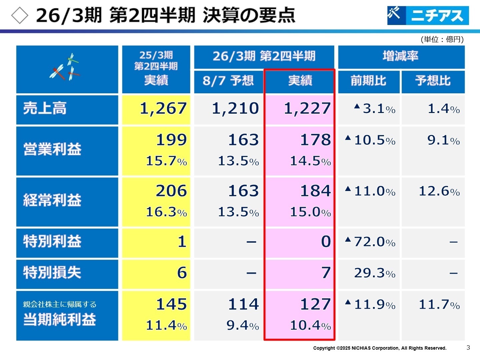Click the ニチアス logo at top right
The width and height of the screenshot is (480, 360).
point(428,15)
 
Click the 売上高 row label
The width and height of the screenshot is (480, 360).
point(45,109)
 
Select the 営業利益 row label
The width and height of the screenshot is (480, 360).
point(52,149)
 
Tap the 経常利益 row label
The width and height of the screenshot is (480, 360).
point(52,200)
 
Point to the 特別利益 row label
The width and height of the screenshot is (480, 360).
point(52,241)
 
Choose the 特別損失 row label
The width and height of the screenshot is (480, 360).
point(52,273)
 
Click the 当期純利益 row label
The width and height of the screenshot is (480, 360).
point(59,319)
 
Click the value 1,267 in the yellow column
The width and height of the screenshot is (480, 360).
point(163,109)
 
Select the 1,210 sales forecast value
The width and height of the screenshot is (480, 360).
point(235,109)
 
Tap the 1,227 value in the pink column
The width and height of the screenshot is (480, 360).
point(307,109)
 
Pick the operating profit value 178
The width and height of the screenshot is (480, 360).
point(315,140)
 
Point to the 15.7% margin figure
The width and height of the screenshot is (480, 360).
point(166,161)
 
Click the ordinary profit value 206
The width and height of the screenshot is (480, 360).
point(171,191)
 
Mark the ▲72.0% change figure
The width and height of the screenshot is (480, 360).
point(370,242)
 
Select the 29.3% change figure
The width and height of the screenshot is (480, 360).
point(374,273)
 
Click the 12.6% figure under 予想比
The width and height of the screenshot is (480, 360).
point(439,191)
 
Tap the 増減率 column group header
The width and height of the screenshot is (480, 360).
point(401,56)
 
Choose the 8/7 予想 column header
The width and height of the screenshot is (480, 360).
point(228,81)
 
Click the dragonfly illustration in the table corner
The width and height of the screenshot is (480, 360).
point(66,68)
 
